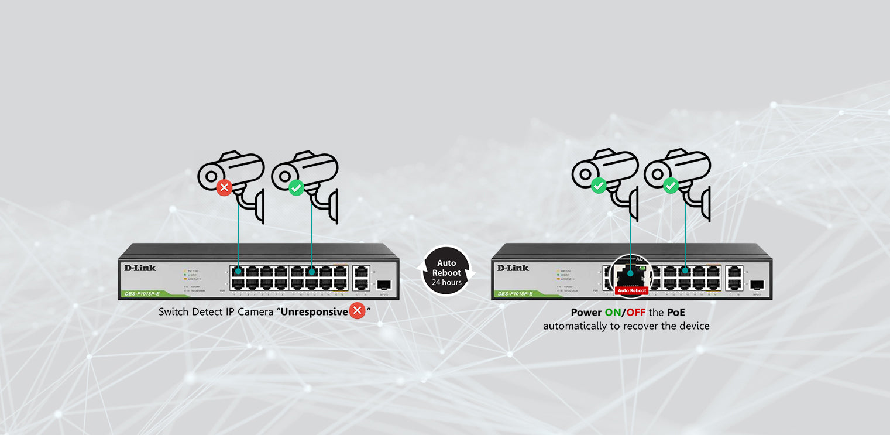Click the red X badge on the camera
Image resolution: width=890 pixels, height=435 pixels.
point(224,188)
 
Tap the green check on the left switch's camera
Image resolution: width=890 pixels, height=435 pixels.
point(297,188)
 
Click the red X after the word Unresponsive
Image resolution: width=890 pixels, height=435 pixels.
point(357,311)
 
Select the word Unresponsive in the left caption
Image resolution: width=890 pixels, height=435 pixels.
point(314,311)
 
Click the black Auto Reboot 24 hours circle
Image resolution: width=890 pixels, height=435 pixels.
point(446,270)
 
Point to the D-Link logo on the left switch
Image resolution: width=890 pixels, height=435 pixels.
point(140,268)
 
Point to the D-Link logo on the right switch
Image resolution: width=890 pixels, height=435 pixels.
point(513,268)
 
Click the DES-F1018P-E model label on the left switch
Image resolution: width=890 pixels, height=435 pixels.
point(142,293)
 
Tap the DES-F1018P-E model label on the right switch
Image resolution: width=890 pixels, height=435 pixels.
point(516,293)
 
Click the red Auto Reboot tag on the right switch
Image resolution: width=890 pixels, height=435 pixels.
point(632,290)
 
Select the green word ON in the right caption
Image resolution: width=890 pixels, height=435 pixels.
point(612,313)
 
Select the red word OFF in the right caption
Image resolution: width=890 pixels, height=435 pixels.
point(636,313)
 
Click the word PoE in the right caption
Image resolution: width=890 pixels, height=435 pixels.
point(676,313)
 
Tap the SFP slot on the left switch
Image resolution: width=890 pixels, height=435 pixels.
point(384,285)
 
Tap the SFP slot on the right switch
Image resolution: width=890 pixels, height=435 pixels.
point(757,285)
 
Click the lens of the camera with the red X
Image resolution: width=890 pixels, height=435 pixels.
point(208,175)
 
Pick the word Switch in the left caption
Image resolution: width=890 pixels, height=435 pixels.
point(174,311)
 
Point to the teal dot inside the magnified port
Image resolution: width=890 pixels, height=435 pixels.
point(630,272)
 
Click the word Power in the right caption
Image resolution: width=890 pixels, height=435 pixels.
point(586,313)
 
